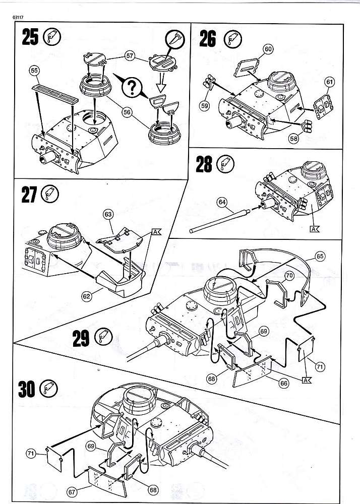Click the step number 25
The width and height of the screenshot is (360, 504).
(x=30, y=37)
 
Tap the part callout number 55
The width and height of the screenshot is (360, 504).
(x=35, y=72)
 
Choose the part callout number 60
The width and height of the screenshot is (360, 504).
(x=268, y=49)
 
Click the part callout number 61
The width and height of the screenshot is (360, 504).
(x=330, y=81)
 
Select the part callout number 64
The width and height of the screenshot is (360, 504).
(x=222, y=202)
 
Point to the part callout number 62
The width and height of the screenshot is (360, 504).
(x=87, y=296)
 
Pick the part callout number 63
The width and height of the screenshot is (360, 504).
(x=108, y=215)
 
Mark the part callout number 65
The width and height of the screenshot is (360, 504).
(x=320, y=257)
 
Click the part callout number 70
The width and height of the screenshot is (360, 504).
(x=289, y=276)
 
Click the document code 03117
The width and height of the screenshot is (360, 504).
(x=16, y=18)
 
